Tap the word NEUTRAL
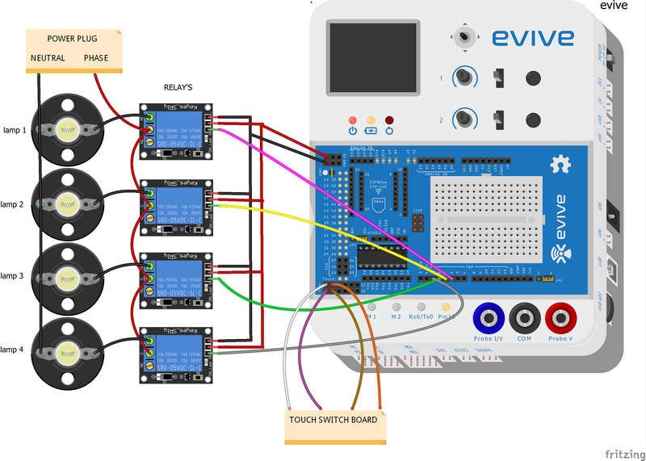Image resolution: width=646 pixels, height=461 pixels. pos(48,58)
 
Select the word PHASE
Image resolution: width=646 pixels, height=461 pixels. pos(97,58)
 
